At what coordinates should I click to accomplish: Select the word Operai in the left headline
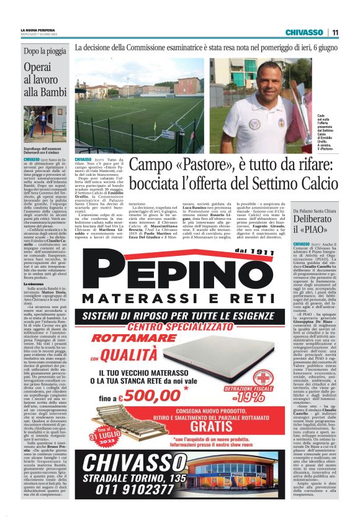coord(38,67)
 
